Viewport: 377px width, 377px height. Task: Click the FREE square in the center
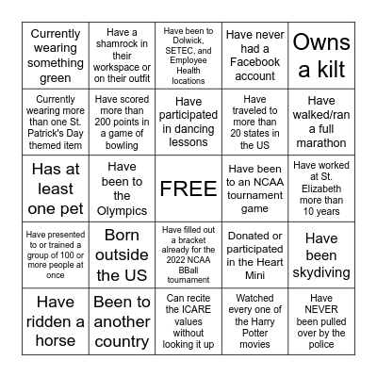pos(188,188)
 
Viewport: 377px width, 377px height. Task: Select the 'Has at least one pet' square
pos(56,188)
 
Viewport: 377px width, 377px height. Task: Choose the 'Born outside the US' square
pos(123,254)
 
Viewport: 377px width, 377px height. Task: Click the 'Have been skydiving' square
pos(321,254)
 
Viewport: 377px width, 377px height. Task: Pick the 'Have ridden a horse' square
pos(56,321)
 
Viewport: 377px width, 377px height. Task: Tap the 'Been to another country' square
pos(123,321)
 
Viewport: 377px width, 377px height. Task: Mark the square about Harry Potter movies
pos(254,321)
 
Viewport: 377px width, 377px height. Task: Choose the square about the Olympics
pos(123,188)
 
